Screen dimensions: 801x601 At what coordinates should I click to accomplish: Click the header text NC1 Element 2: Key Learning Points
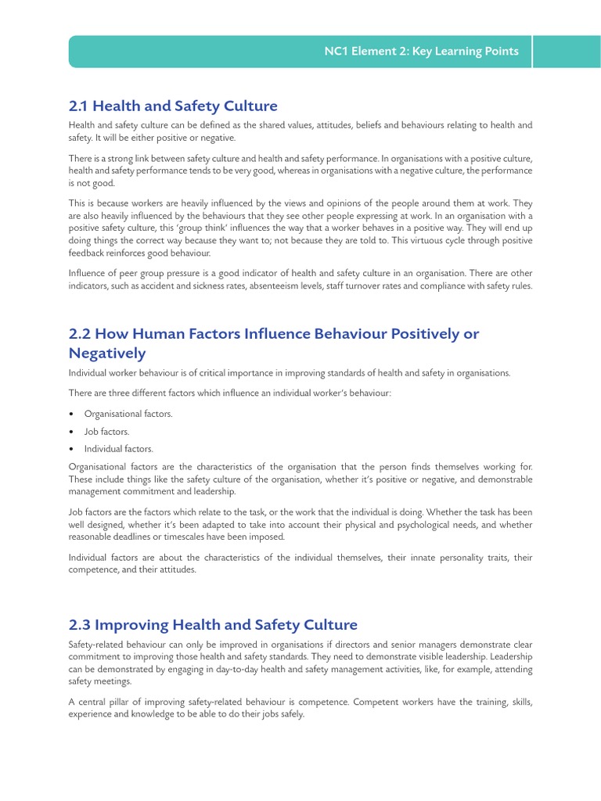[x=421, y=52]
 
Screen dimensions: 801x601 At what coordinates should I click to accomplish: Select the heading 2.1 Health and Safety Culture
[x=173, y=106]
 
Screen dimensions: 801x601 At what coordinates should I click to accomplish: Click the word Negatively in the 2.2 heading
[x=107, y=354]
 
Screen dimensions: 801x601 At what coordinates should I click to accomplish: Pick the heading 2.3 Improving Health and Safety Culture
[x=213, y=624]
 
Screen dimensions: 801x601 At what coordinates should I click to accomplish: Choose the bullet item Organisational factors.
[x=128, y=414]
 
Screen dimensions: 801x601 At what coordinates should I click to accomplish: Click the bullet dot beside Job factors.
[x=72, y=432]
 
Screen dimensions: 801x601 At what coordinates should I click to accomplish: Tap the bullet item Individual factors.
[x=119, y=449]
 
